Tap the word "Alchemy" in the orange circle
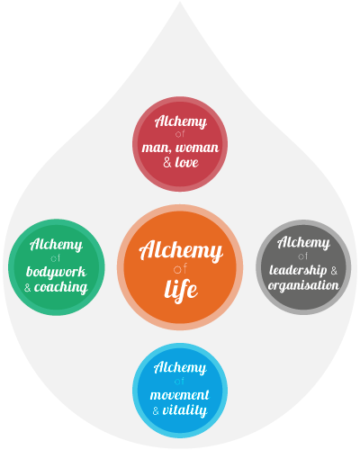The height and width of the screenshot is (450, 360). (x=181, y=250)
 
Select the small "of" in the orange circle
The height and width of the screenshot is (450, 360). (x=180, y=269)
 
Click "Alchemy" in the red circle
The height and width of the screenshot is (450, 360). (x=181, y=121)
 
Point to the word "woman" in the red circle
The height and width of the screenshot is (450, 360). (x=197, y=148)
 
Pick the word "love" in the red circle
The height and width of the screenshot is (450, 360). (x=186, y=162)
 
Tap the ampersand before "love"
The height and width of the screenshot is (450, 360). (x=167, y=163)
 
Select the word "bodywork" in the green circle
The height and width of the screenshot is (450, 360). (x=57, y=273)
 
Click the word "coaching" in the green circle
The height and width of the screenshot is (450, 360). (x=61, y=287)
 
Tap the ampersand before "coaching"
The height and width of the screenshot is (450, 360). (x=28, y=288)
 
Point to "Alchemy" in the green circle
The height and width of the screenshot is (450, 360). (x=56, y=244)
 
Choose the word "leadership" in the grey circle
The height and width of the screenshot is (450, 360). (x=298, y=270)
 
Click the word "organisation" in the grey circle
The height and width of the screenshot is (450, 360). (x=303, y=285)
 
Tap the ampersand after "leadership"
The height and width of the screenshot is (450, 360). (x=334, y=271)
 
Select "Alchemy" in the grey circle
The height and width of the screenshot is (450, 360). (x=303, y=242)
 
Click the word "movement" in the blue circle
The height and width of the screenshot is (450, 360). (x=179, y=395)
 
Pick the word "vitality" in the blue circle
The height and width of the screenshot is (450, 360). (x=184, y=410)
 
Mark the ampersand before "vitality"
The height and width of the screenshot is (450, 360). (x=156, y=410)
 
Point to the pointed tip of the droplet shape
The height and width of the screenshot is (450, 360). (x=180, y=2)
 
